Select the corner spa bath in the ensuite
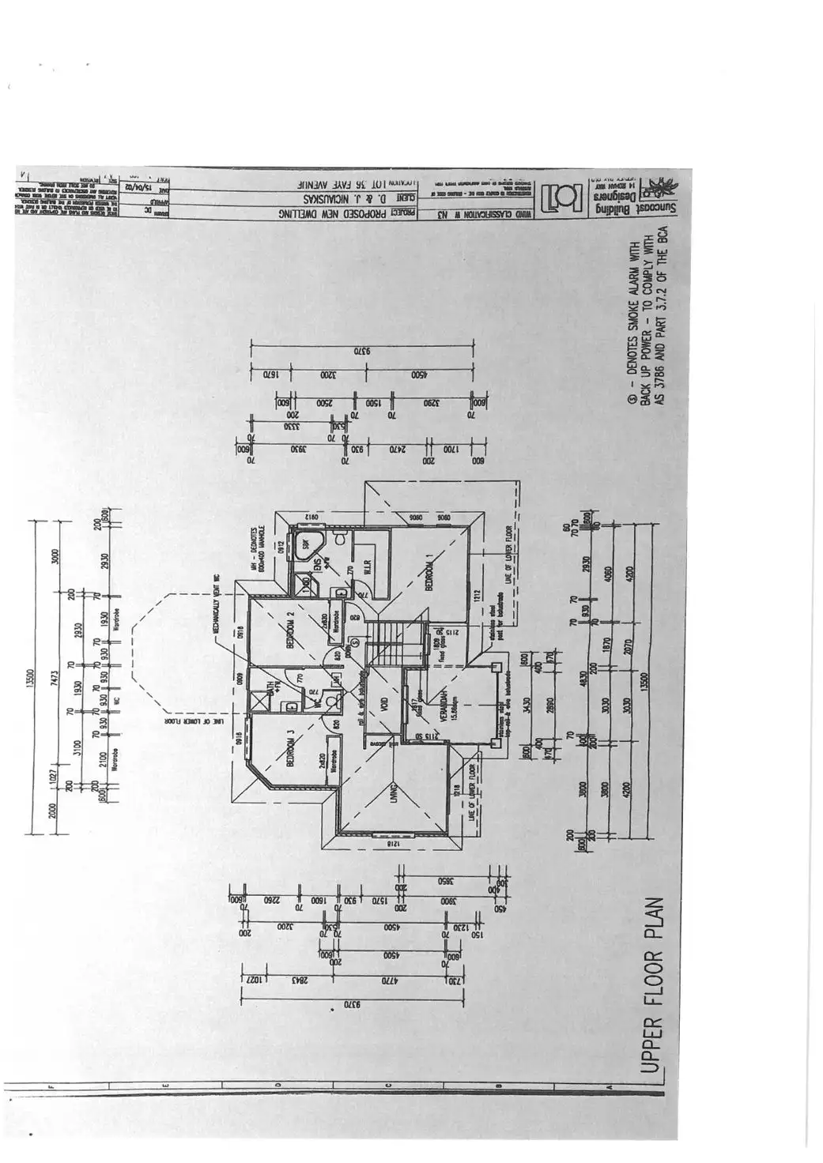click(304, 545)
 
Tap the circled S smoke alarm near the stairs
click(355, 642)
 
